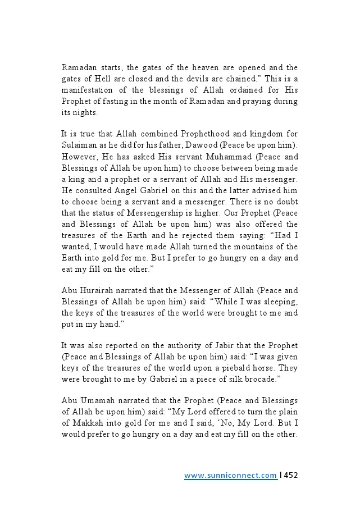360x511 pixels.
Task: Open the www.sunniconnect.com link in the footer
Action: [x=230, y=476]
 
